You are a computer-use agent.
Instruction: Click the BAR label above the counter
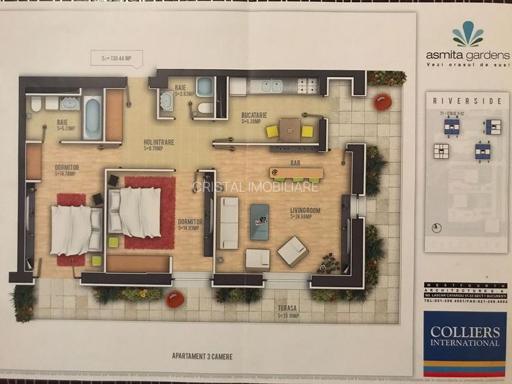[295, 164]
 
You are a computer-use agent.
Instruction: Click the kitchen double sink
[271, 86]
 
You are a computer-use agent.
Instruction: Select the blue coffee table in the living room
[259, 221]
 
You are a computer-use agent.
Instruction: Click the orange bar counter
[297, 173]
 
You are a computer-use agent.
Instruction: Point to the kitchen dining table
[289, 129]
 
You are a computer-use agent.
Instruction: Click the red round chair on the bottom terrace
[175, 299]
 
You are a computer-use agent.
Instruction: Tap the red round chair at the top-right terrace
[382, 102]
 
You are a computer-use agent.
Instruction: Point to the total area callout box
[117, 58]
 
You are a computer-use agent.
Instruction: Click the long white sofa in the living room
[228, 222]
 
